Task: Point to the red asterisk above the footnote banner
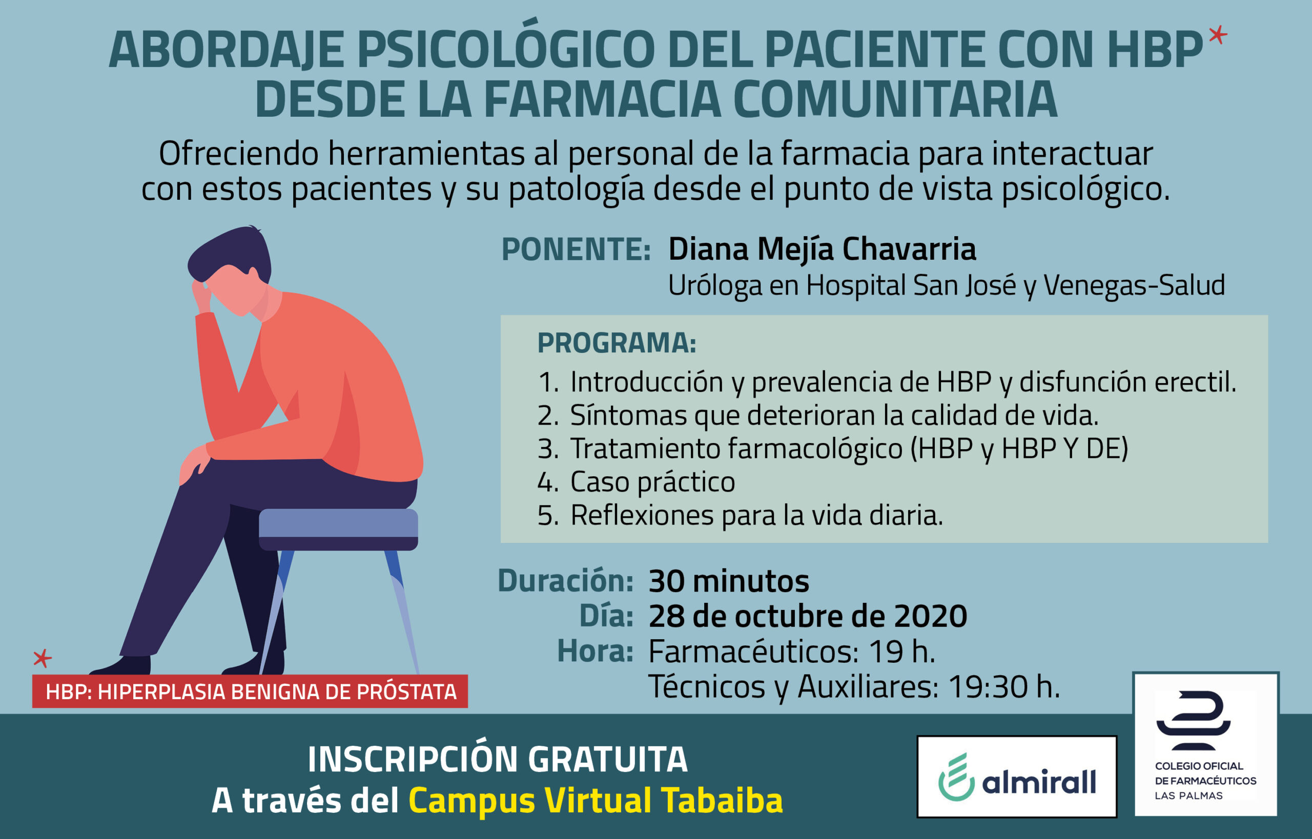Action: (x=42, y=658)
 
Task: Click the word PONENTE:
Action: (x=576, y=249)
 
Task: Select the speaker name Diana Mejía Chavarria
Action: (x=822, y=249)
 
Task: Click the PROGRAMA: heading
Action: (x=617, y=343)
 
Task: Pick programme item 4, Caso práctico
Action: (x=636, y=481)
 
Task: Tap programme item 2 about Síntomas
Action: (x=817, y=415)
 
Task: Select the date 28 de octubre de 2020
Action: (x=808, y=616)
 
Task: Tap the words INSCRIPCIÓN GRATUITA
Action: (x=498, y=759)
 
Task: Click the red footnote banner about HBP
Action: (x=250, y=691)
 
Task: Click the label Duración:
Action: (x=565, y=581)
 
